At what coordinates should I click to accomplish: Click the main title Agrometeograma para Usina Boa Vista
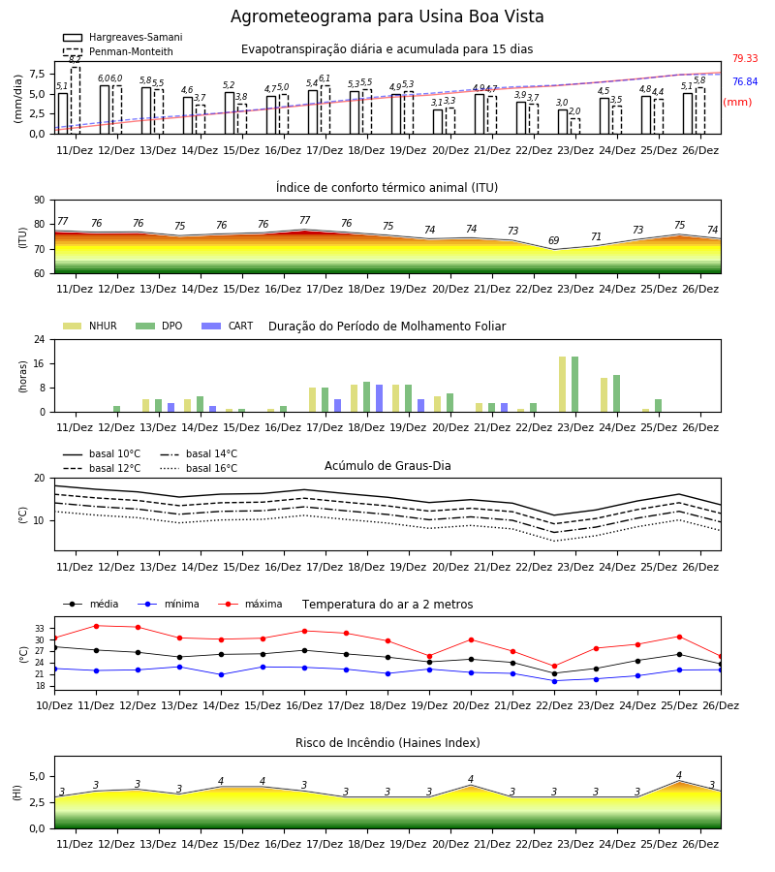point(387,16)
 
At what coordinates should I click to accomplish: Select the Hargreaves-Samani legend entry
point(122,37)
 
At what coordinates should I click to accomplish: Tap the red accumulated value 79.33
point(745,58)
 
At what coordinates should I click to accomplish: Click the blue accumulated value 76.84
point(745,81)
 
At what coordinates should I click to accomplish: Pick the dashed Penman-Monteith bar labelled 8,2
point(76,100)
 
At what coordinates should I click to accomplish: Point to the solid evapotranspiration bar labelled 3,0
point(563,122)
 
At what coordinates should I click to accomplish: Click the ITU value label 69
point(554,240)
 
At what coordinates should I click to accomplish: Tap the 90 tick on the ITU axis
point(40,201)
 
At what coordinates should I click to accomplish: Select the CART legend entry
point(228,326)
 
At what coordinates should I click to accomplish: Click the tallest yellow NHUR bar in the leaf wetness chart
point(563,385)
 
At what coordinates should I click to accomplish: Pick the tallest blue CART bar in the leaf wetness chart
point(379,398)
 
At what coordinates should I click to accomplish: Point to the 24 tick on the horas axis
point(40,339)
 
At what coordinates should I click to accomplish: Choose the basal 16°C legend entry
point(199,468)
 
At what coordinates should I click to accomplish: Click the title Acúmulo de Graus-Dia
point(387,465)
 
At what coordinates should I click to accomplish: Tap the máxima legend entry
point(250,604)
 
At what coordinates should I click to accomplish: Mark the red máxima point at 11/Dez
point(96,626)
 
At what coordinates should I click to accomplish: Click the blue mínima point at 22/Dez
point(554,681)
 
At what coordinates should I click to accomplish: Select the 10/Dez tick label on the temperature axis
point(54,705)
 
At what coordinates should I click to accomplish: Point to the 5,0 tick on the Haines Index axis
point(36,776)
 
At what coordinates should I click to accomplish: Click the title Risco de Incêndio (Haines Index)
point(387,742)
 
